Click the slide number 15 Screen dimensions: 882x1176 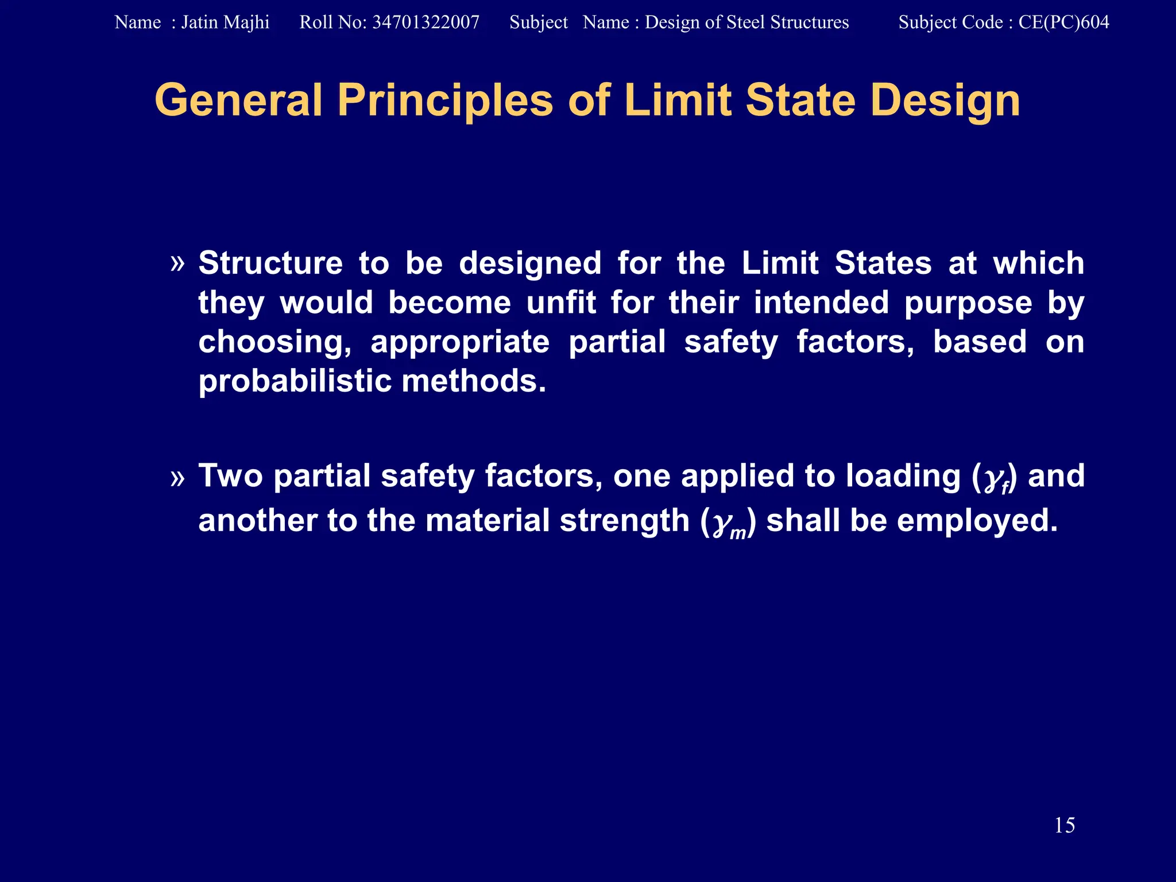[1064, 825]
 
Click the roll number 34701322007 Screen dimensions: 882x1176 [425, 22]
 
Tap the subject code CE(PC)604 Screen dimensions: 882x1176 [1063, 22]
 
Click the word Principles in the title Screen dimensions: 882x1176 [445, 101]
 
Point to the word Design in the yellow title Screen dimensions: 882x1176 [945, 101]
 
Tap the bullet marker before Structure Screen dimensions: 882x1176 [177, 264]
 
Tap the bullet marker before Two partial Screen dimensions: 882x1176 [177, 477]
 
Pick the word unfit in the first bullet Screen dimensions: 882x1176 [561, 303]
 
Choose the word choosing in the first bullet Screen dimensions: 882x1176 [274, 343]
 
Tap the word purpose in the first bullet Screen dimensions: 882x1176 [968, 303]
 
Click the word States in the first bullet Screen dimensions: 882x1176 [883, 264]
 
